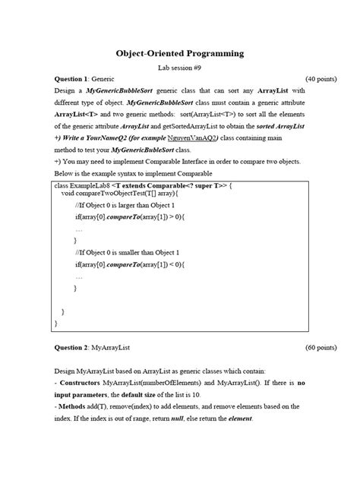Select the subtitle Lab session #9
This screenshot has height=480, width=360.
(x=180, y=68)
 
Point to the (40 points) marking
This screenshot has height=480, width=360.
(x=321, y=78)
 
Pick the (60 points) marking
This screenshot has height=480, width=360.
(x=321, y=347)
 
